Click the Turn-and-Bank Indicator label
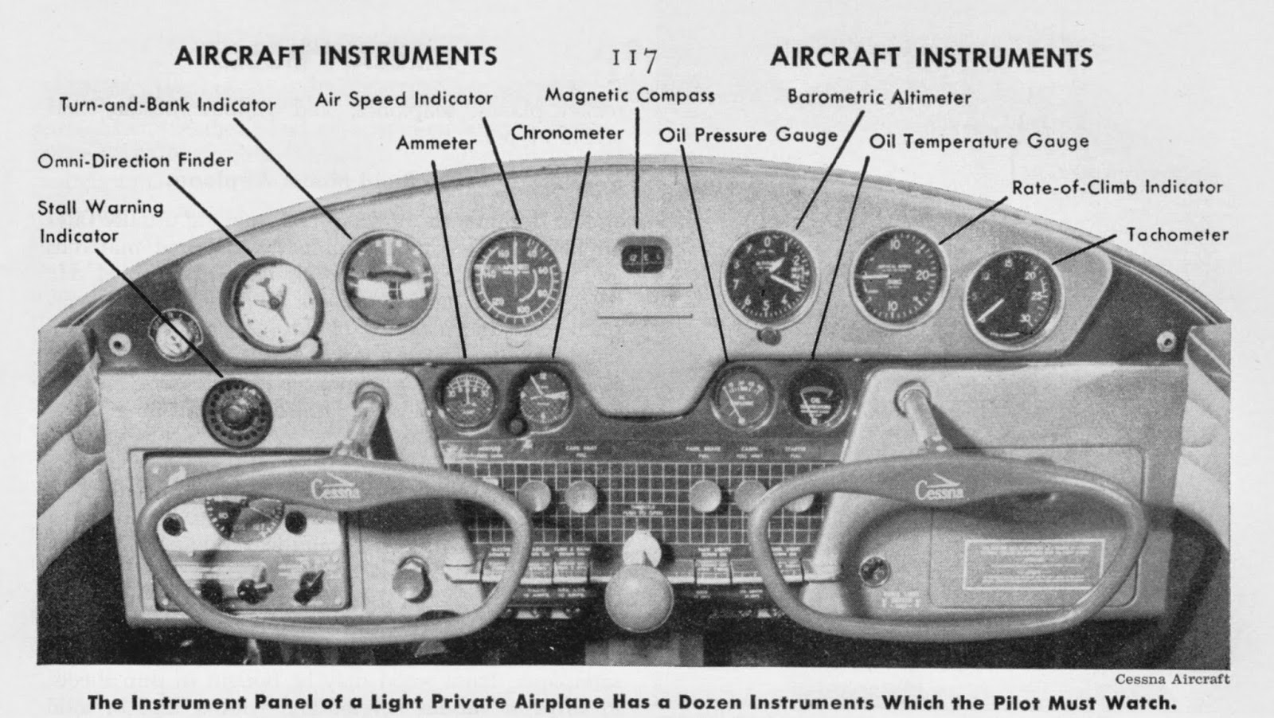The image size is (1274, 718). click(x=167, y=104)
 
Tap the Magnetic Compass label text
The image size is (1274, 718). click(x=629, y=96)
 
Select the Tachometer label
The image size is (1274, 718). click(x=1177, y=235)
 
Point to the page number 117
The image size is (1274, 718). click(x=634, y=59)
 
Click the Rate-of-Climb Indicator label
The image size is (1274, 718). click(x=1116, y=188)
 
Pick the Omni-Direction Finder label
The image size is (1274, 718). click(x=135, y=161)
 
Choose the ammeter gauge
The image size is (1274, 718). click(x=467, y=396)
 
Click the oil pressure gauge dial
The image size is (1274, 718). click(x=742, y=394)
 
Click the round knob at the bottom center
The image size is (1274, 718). click(x=639, y=599)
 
